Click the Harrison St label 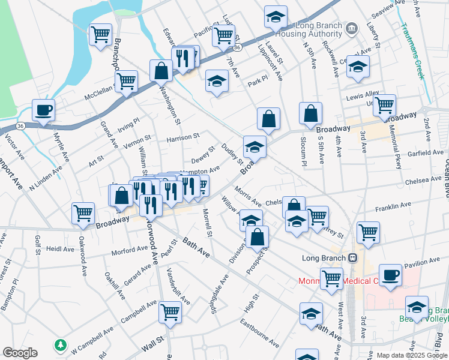tap(183, 138)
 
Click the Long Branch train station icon tap(353, 257)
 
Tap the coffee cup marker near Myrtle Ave tap(43, 111)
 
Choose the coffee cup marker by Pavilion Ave tap(390, 275)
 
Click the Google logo tap(20, 353)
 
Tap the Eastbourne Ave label tap(259, 336)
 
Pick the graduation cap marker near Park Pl tap(217, 82)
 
